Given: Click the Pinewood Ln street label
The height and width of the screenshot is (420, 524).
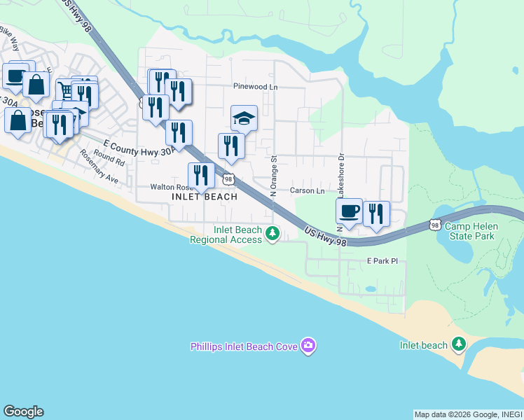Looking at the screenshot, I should coord(255,87).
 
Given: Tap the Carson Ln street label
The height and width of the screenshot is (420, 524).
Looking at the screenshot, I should coord(308,190).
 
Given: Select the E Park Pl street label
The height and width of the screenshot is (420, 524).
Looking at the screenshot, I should coord(382,261).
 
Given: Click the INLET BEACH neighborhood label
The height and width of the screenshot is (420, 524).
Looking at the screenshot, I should coord(205,197).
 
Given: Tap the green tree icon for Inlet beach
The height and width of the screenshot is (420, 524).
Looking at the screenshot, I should coord(459,344).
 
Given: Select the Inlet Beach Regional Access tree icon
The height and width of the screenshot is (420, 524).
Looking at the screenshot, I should coord(273,234).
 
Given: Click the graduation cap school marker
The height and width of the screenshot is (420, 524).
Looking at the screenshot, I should coord(244,118).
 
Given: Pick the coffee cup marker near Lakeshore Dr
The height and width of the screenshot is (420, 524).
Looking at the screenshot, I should coord(349,212).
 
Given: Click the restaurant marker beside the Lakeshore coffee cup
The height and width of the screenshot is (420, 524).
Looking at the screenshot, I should coord(376,215).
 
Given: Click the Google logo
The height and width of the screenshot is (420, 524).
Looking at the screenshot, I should coord(23,412).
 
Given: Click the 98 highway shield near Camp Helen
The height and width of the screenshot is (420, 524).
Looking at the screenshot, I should coord(435,225).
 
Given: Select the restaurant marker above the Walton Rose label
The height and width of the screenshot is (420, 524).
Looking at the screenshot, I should coord(201,176).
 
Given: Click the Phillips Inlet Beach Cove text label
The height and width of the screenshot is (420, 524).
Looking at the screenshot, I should coord(244,346).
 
